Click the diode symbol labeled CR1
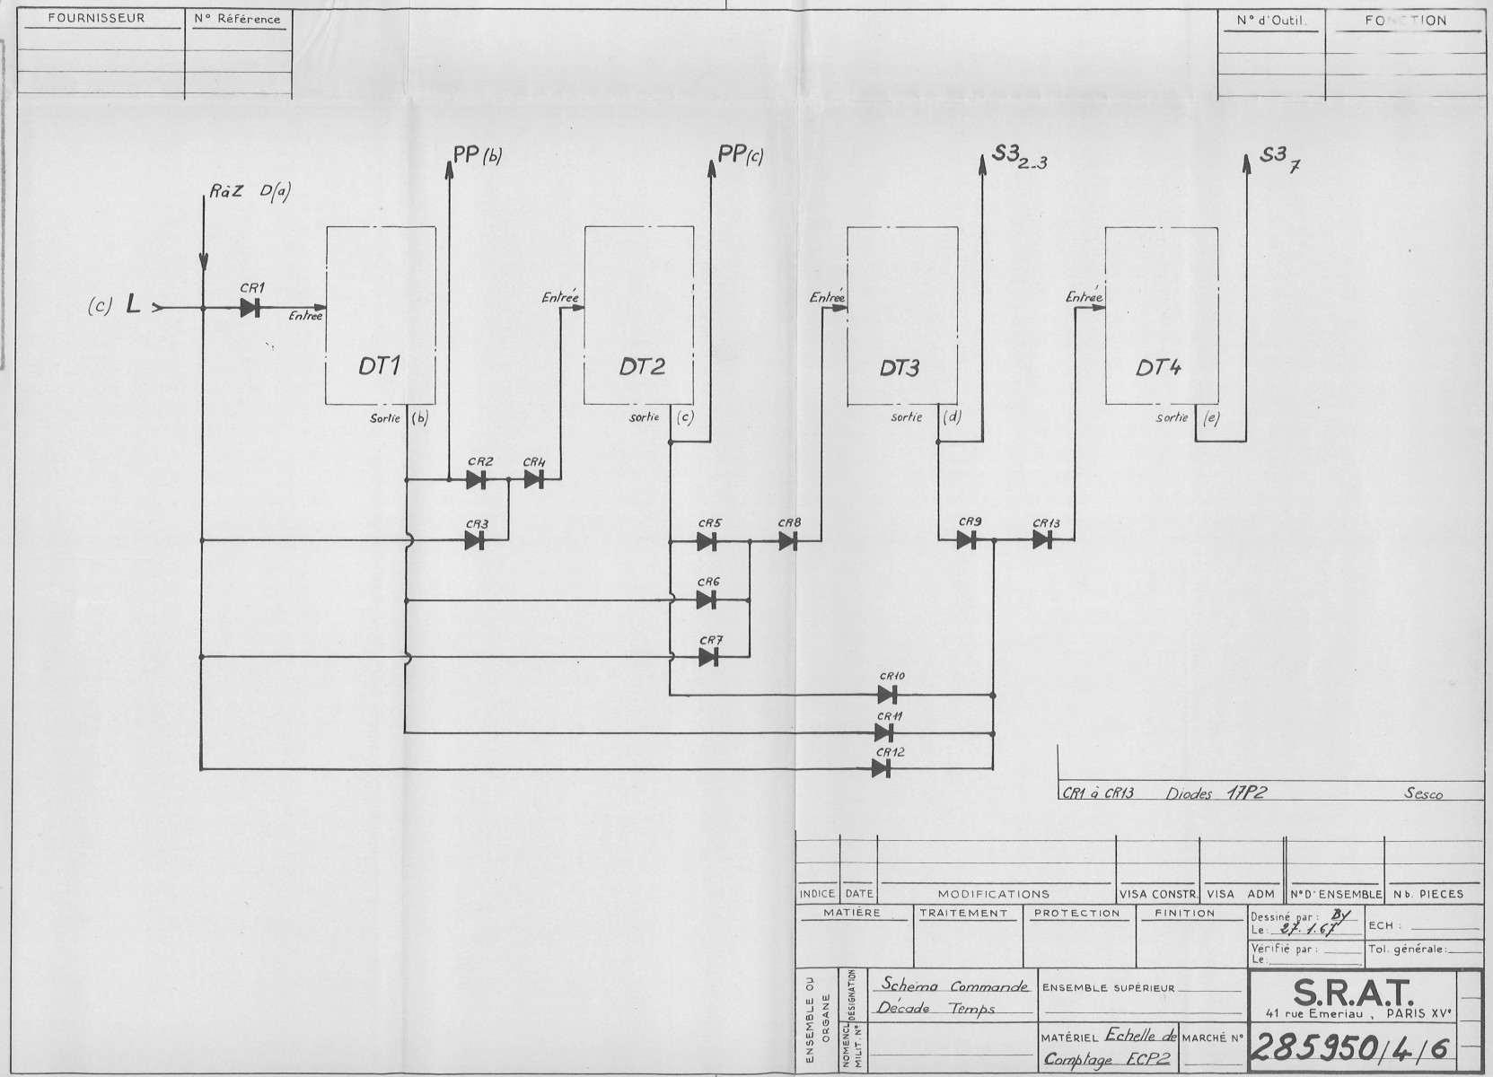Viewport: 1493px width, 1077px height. click(250, 308)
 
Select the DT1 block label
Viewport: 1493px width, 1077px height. click(380, 366)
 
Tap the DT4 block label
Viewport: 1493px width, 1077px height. click(1159, 367)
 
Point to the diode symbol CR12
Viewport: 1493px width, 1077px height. click(882, 768)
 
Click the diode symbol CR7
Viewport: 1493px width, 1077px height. click(708, 657)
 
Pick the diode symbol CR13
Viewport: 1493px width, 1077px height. click(1042, 539)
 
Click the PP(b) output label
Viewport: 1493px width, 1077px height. click(477, 154)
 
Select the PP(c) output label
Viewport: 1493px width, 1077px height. click(741, 154)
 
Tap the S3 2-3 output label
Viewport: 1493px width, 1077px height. click(1020, 160)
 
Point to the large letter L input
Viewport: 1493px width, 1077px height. click(133, 306)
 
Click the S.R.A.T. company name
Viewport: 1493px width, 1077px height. click(1353, 992)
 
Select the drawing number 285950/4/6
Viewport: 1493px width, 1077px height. click(1350, 1045)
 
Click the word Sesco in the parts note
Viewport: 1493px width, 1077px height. click(1424, 793)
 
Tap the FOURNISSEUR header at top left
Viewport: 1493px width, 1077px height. click(96, 18)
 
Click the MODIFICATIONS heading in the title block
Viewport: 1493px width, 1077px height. click(993, 894)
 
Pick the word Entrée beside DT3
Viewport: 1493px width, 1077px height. click(827, 297)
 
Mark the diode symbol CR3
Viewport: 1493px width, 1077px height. click(475, 539)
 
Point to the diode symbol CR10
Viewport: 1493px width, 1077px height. click(888, 694)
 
